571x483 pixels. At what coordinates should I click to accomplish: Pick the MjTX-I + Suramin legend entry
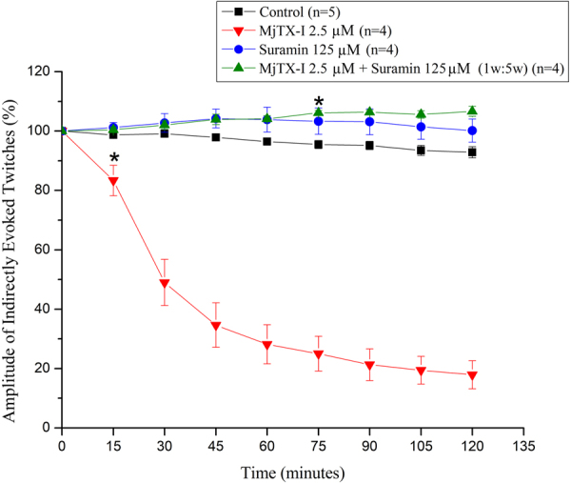pos(400,67)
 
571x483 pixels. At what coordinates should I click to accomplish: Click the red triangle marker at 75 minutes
pos(319,354)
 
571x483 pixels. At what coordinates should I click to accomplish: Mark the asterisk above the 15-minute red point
pos(114,158)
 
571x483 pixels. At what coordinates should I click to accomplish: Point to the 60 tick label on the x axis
pos(267,444)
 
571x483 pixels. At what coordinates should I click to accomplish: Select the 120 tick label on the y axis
pos(39,71)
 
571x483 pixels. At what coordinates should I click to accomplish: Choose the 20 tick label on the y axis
pos(43,369)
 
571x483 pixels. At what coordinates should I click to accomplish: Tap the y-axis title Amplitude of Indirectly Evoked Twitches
pos(12,250)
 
